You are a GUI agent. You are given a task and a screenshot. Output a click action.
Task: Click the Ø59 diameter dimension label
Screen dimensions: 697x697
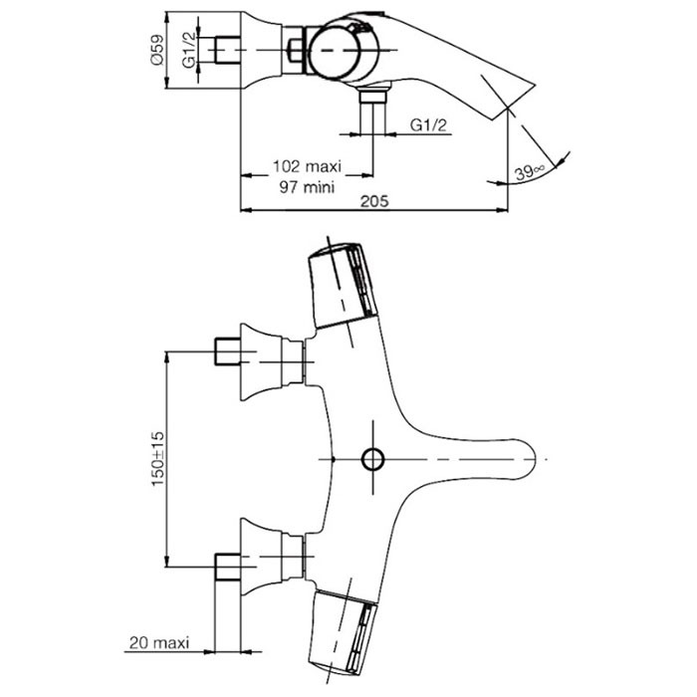157,50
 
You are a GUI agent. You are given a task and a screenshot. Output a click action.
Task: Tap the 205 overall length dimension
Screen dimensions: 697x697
374,201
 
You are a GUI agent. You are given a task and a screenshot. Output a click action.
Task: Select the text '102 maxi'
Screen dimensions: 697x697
307,166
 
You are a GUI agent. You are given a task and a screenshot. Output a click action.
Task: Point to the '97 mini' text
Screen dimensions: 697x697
307,187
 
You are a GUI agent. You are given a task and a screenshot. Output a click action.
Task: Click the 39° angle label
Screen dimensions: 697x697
529,171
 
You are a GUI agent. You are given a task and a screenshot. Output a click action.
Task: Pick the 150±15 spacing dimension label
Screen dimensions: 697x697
157,458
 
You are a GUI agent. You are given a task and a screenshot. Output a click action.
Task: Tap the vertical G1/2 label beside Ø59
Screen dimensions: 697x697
188,50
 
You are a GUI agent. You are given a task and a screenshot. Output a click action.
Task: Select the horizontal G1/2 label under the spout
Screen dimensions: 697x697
427,125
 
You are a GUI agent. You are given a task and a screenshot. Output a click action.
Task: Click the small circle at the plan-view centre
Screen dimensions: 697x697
372,459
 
